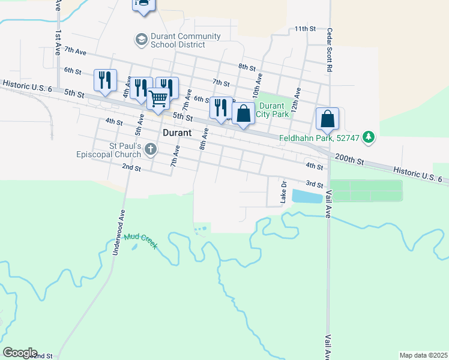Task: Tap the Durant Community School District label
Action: coord(177,40)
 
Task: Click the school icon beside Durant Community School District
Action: coord(141,40)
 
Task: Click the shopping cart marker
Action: coord(158,98)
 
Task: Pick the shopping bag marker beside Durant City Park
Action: coord(243,114)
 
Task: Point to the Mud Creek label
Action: coord(140,241)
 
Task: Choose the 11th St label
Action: coord(305,29)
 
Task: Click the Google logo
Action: coord(20,353)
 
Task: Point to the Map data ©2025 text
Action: coord(423,355)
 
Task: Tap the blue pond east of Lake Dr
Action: coord(307,196)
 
